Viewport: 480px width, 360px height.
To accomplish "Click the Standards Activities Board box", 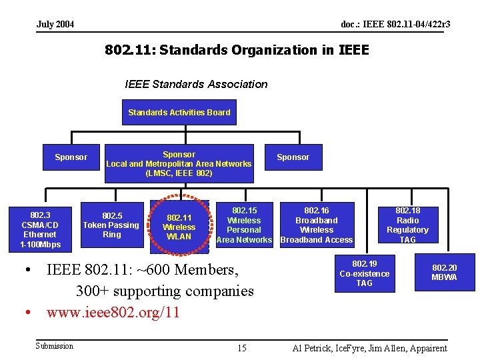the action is point(179,113).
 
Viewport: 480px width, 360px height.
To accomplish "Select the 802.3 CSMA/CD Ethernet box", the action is point(40,229).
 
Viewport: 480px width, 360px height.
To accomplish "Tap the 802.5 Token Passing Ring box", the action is point(111,225).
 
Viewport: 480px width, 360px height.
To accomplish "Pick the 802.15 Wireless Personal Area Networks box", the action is point(244,225).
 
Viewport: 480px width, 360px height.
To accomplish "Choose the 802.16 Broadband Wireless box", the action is point(317,225).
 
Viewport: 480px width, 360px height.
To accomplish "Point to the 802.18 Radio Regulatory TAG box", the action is point(407,225).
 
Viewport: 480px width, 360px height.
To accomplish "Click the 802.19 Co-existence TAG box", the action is point(364,273).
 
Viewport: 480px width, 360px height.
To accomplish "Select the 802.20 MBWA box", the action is point(444,273).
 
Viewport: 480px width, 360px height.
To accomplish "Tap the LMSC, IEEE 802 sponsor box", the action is point(179,163).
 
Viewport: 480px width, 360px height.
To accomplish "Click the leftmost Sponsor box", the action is point(71,157).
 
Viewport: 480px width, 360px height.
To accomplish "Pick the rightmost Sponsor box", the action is point(293,157).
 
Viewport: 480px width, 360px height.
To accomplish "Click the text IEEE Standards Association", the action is point(196,84).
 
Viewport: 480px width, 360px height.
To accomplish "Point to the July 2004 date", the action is point(55,25).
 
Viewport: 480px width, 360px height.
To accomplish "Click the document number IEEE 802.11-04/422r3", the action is point(395,25).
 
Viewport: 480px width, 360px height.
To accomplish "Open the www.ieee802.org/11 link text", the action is point(113,313).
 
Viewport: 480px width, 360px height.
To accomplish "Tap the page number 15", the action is point(241,348).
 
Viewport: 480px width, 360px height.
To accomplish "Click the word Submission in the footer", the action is point(54,345).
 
